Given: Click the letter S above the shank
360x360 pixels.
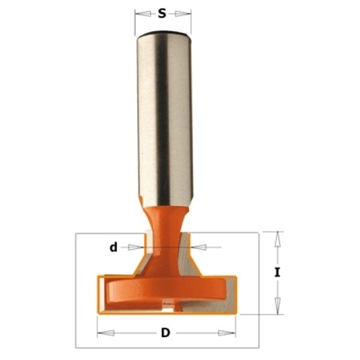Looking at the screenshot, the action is pos(162,14).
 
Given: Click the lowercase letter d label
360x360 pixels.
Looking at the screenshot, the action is pos(113,247).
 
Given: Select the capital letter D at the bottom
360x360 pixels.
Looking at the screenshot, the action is pos(166,332).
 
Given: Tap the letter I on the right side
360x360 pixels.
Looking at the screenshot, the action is pos(277,272).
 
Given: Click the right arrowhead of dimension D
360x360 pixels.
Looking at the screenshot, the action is pos(227,333).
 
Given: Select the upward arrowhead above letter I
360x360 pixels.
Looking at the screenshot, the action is pos(277,239).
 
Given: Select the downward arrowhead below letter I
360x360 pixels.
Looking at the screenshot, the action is pos(278,306).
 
